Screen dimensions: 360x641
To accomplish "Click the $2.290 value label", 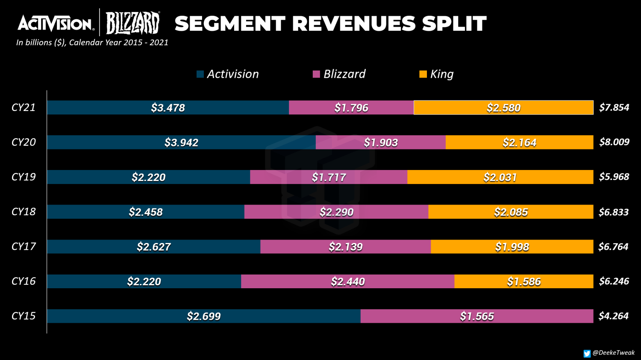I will point(337,212).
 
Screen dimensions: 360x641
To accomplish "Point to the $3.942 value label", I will point(181,143).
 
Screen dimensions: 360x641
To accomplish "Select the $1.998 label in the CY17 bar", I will point(512,247).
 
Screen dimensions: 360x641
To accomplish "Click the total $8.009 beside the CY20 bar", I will point(614,142).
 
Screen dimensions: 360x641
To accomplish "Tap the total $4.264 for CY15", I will point(613,316).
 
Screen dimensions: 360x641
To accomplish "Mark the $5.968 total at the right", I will point(614,177).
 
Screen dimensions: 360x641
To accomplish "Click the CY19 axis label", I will point(24,177).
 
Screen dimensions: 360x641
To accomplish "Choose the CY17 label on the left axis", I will point(24,246).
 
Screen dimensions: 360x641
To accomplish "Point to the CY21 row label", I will point(24,107).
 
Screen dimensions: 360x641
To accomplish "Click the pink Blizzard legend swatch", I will point(316,74).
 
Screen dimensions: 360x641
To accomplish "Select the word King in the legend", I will point(442,74).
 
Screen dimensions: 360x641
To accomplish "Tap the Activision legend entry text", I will point(233,74).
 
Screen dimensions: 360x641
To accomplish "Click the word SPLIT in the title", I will point(454,23).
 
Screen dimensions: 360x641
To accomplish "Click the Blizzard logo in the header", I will point(132,23).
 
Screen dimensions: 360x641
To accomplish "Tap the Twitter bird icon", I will point(587,353).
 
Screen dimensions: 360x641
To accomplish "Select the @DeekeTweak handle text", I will point(614,353).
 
